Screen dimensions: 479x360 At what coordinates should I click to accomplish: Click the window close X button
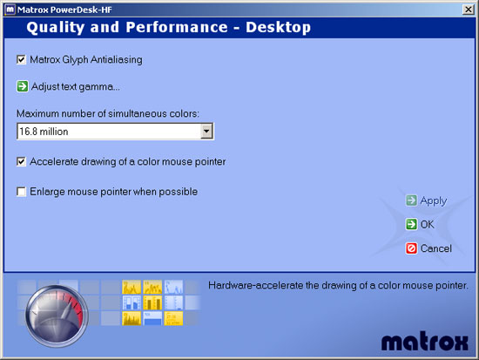[x=468, y=10]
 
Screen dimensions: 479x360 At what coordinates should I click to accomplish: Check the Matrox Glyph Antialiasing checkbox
[x=21, y=59]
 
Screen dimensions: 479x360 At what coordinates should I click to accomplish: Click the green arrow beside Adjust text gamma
[x=23, y=86]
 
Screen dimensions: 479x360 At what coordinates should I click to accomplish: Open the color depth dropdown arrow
[x=206, y=132]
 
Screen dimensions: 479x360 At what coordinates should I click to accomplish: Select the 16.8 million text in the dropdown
[x=44, y=132]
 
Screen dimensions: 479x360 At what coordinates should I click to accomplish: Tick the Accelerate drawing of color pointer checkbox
[x=21, y=161]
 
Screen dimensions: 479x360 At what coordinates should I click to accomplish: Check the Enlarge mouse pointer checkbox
[x=21, y=192]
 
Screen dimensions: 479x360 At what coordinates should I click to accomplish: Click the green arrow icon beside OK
[x=411, y=224]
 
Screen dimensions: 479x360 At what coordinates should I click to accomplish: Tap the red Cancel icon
[x=411, y=248]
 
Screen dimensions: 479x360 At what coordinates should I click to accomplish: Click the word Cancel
[x=436, y=248]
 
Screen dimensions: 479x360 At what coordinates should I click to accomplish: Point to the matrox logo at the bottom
[x=425, y=341]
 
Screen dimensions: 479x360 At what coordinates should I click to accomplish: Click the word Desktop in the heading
[x=279, y=28]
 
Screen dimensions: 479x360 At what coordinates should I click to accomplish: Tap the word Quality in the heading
[x=55, y=28]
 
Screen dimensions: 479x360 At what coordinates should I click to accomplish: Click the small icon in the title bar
[x=10, y=10]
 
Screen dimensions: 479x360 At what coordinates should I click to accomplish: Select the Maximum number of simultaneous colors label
[x=108, y=114]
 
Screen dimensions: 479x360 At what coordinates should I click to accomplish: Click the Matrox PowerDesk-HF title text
[x=64, y=10]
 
